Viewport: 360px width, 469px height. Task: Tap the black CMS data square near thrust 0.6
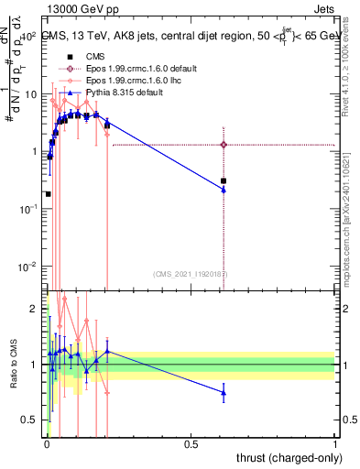[224, 180]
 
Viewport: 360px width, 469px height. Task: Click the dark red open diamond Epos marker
[224, 144]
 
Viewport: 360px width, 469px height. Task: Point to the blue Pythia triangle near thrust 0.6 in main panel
[224, 190]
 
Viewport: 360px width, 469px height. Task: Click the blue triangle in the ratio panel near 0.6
[224, 393]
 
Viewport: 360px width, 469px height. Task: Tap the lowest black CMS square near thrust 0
[48, 194]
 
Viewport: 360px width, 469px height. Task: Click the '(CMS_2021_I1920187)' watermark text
[191, 273]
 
